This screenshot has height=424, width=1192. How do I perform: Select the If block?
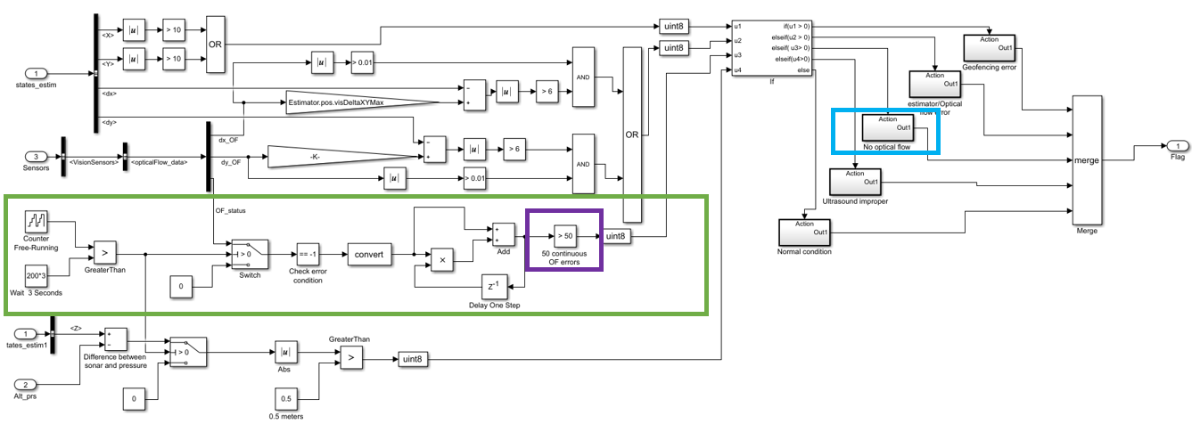click(x=772, y=48)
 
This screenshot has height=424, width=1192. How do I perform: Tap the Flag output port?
click(x=1177, y=146)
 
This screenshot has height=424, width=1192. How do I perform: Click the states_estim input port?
click(x=36, y=73)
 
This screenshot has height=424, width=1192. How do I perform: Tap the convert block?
click(x=369, y=255)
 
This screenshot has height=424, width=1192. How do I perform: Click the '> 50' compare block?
click(x=565, y=236)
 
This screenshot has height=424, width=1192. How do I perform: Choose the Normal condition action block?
click(x=804, y=232)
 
